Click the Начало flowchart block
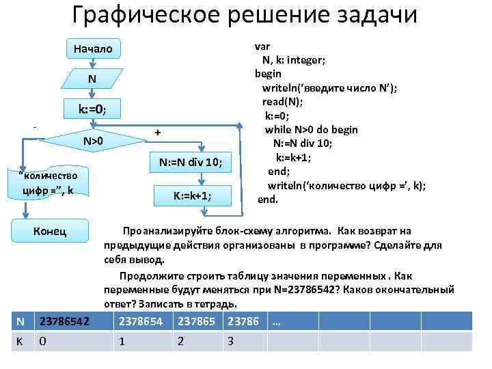(x=92, y=49)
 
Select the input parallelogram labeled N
(x=92, y=79)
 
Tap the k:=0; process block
(x=92, y=109)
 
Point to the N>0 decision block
(x=92, y=141)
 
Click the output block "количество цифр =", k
(x=50, y=182)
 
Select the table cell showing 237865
(x=197, y=321)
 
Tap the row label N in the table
(x=21, y=321)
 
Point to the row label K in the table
(x=20, y=341)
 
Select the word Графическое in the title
(x=143, y=15)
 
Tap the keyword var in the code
(x=262, y=46)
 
